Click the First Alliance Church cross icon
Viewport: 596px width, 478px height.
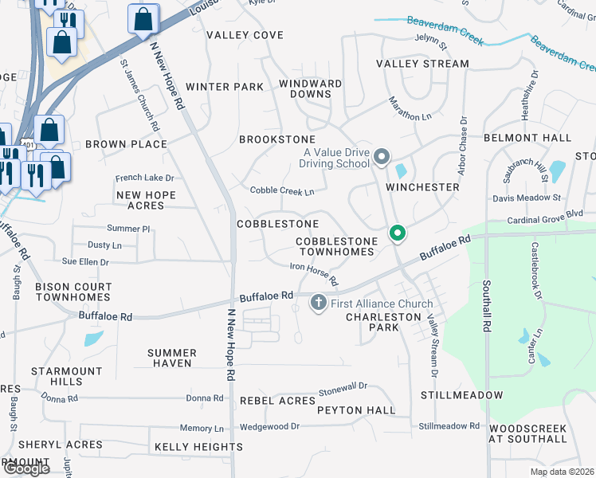point(318,302)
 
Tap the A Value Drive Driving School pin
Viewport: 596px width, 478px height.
point(381,156)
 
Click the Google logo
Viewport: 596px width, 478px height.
point(25,468)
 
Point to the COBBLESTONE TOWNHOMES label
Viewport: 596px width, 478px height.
point(335,246)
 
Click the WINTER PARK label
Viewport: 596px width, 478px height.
point(224,87)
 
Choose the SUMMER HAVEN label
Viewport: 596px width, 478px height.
point(172,358)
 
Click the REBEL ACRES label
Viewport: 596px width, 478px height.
point(277,401)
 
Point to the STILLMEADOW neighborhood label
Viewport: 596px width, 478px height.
point(462,395)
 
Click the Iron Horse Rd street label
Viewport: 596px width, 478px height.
point(314,276)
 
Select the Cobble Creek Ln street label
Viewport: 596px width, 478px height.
point(282,191)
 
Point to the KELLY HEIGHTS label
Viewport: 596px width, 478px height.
point(198,447)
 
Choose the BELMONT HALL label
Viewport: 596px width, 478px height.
point(527,138)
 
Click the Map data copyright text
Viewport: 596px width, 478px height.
point(562,472)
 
